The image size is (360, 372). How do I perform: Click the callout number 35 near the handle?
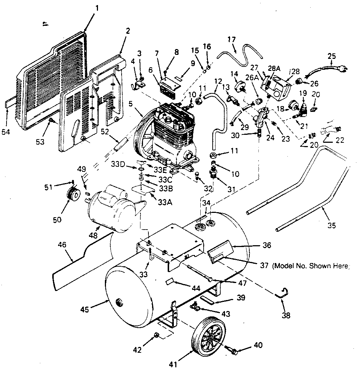click(331, 225)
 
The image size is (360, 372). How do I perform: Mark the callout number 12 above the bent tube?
click(218, 81)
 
